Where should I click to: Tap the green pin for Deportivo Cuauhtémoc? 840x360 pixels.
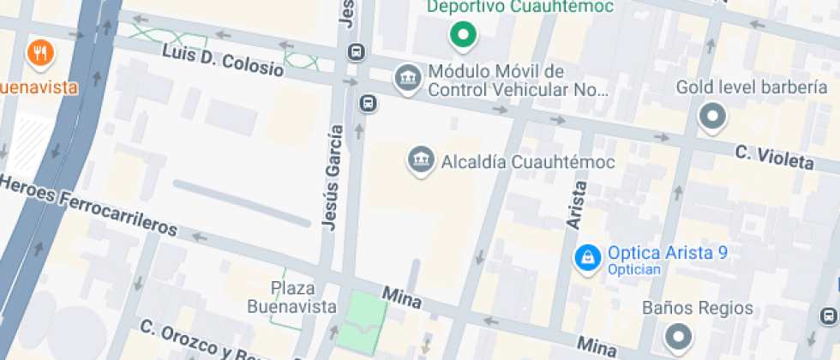(x=464, y=35)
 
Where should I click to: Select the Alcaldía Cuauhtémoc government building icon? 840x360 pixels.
(x=420, y=160)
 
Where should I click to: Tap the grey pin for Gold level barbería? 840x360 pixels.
(x=712, y=117)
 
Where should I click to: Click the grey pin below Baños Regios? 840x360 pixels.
(x=679, y=336)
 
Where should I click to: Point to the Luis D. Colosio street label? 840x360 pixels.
(x=223, y=61)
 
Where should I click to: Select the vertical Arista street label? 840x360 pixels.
(x=578, y=205)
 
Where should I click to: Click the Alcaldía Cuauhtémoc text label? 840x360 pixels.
(x=526, y=160)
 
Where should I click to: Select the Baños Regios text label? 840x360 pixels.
(x=698, y=309)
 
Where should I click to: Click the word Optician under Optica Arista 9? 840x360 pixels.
(x=634, y=270)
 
